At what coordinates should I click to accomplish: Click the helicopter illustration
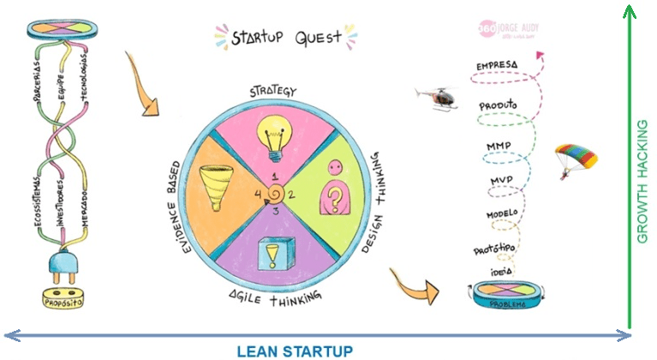point(434,98)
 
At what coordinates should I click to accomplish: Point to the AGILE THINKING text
point(273,297)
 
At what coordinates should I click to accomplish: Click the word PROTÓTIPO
point(495,249)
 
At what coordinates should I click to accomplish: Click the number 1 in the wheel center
point(275,177)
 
